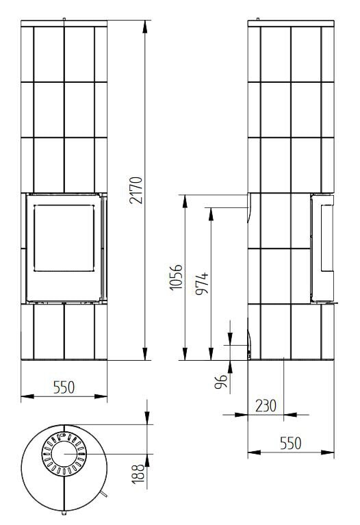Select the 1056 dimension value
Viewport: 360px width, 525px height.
176,277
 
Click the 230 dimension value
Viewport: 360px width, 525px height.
266,405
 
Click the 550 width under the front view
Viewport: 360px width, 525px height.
64,387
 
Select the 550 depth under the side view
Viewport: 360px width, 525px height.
290,444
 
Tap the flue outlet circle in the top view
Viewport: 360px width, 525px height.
64,454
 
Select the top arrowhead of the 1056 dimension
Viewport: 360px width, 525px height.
185,198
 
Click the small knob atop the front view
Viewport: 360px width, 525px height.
64,19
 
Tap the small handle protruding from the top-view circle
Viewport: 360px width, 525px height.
103,494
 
